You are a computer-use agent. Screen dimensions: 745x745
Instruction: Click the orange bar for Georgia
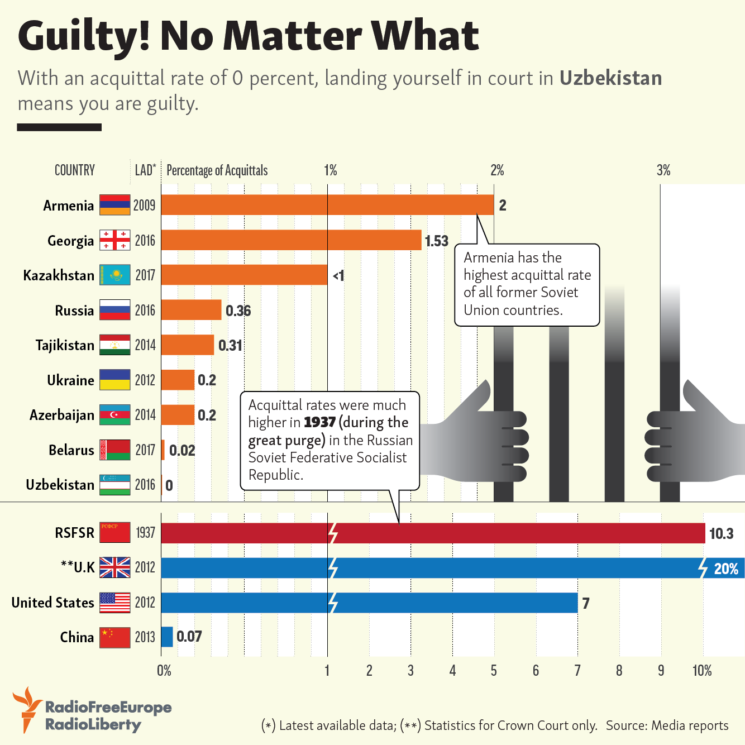point(291,240)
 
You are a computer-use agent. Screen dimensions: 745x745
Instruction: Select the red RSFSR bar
point(433,533)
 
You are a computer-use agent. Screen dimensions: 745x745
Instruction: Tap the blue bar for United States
point(369,603)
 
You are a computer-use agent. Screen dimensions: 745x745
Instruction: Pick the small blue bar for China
point(167,637)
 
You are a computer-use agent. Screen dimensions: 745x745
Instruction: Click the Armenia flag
point(114,205)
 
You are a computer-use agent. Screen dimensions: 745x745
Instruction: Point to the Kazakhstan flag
point(114,275)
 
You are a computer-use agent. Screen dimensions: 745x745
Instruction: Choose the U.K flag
point(114,567)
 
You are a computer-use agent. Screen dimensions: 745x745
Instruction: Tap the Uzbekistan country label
point(60,485)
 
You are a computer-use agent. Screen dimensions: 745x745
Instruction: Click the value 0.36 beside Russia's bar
point(238,311)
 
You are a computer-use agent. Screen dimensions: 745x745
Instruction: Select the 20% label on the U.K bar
point(726,569)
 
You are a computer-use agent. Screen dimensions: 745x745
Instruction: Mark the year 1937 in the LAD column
point(145,533)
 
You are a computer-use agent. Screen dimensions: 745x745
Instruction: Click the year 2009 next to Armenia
point(144,205)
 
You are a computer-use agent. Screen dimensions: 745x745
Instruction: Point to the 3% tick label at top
point(663,170)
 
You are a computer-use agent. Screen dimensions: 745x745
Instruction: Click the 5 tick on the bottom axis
point(494,671)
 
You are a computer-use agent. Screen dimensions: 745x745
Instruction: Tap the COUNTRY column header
point(74,170)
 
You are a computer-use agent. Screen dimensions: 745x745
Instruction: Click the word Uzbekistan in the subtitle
point(610,78)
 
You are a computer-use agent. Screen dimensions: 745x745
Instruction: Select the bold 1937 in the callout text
point(320,422)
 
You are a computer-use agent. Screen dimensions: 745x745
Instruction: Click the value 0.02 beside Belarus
point(182,450)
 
